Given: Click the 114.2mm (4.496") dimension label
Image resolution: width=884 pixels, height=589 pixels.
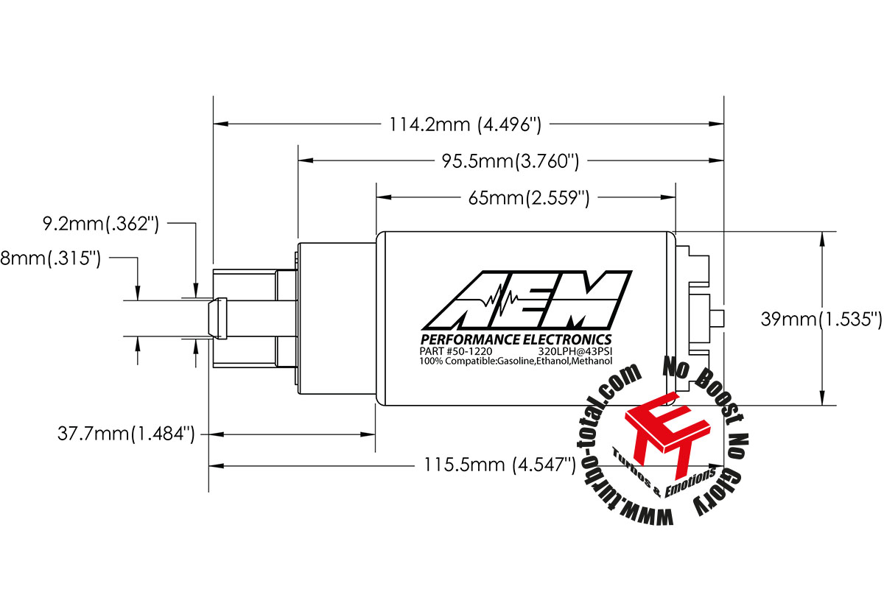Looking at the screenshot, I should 466,124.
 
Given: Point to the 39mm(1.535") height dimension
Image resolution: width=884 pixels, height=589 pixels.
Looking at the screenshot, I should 821,319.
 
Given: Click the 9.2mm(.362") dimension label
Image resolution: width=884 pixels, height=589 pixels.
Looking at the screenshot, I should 101,223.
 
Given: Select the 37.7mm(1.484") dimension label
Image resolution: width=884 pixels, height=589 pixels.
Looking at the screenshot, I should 126,434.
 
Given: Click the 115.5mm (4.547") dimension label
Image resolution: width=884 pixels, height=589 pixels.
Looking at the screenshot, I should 499,465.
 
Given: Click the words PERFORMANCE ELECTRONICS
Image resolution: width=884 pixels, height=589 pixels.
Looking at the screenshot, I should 516,339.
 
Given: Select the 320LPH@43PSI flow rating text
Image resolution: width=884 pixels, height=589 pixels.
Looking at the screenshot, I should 575,351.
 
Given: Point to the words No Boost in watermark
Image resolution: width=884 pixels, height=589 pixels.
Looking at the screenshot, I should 701,383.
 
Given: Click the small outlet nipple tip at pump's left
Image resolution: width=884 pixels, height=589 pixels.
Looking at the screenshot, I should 217,320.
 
